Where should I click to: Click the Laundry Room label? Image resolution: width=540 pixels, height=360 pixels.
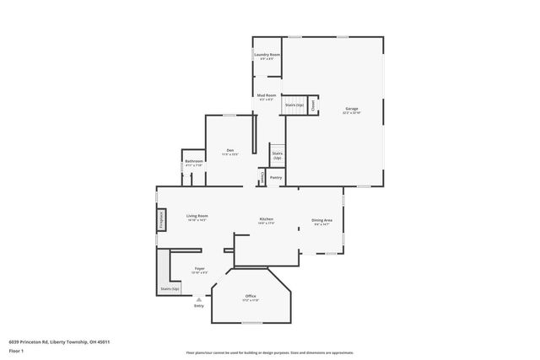267,55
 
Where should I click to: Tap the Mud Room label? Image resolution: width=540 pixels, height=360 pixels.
267,96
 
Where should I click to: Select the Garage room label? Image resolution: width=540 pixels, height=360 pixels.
352,110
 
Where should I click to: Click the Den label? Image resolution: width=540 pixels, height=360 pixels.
229,151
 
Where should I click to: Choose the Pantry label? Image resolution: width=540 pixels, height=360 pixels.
275,178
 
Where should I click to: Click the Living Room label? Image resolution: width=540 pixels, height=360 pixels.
197,217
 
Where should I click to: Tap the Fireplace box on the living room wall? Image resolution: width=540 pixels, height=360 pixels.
159,219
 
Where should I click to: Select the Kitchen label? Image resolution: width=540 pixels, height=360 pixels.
266,220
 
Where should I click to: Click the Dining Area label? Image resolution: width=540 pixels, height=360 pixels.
322,221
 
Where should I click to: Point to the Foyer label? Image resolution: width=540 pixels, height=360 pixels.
199,270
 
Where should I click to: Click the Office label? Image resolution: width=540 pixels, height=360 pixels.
251,297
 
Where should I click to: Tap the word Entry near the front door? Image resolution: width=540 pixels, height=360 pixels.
199,305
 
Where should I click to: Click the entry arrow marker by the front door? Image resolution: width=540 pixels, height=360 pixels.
199,298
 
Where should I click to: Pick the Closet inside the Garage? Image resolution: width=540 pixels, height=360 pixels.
314,105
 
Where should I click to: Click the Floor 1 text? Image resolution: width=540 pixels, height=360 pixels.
16,349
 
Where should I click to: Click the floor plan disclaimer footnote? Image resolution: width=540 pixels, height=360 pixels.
270,353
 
